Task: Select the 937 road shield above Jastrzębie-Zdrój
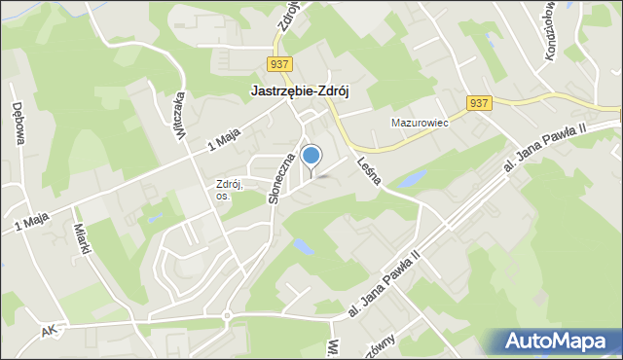(x=279, y=64)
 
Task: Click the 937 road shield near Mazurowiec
(x=478, y=103)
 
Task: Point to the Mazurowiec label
(x=418, y=124)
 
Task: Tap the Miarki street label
(x=84, y=239)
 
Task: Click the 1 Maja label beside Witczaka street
(x=223, y=141)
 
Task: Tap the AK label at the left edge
(x=50, y=332)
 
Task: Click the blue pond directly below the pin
(x=304, y=247)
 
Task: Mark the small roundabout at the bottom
(x=226, y=314)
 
